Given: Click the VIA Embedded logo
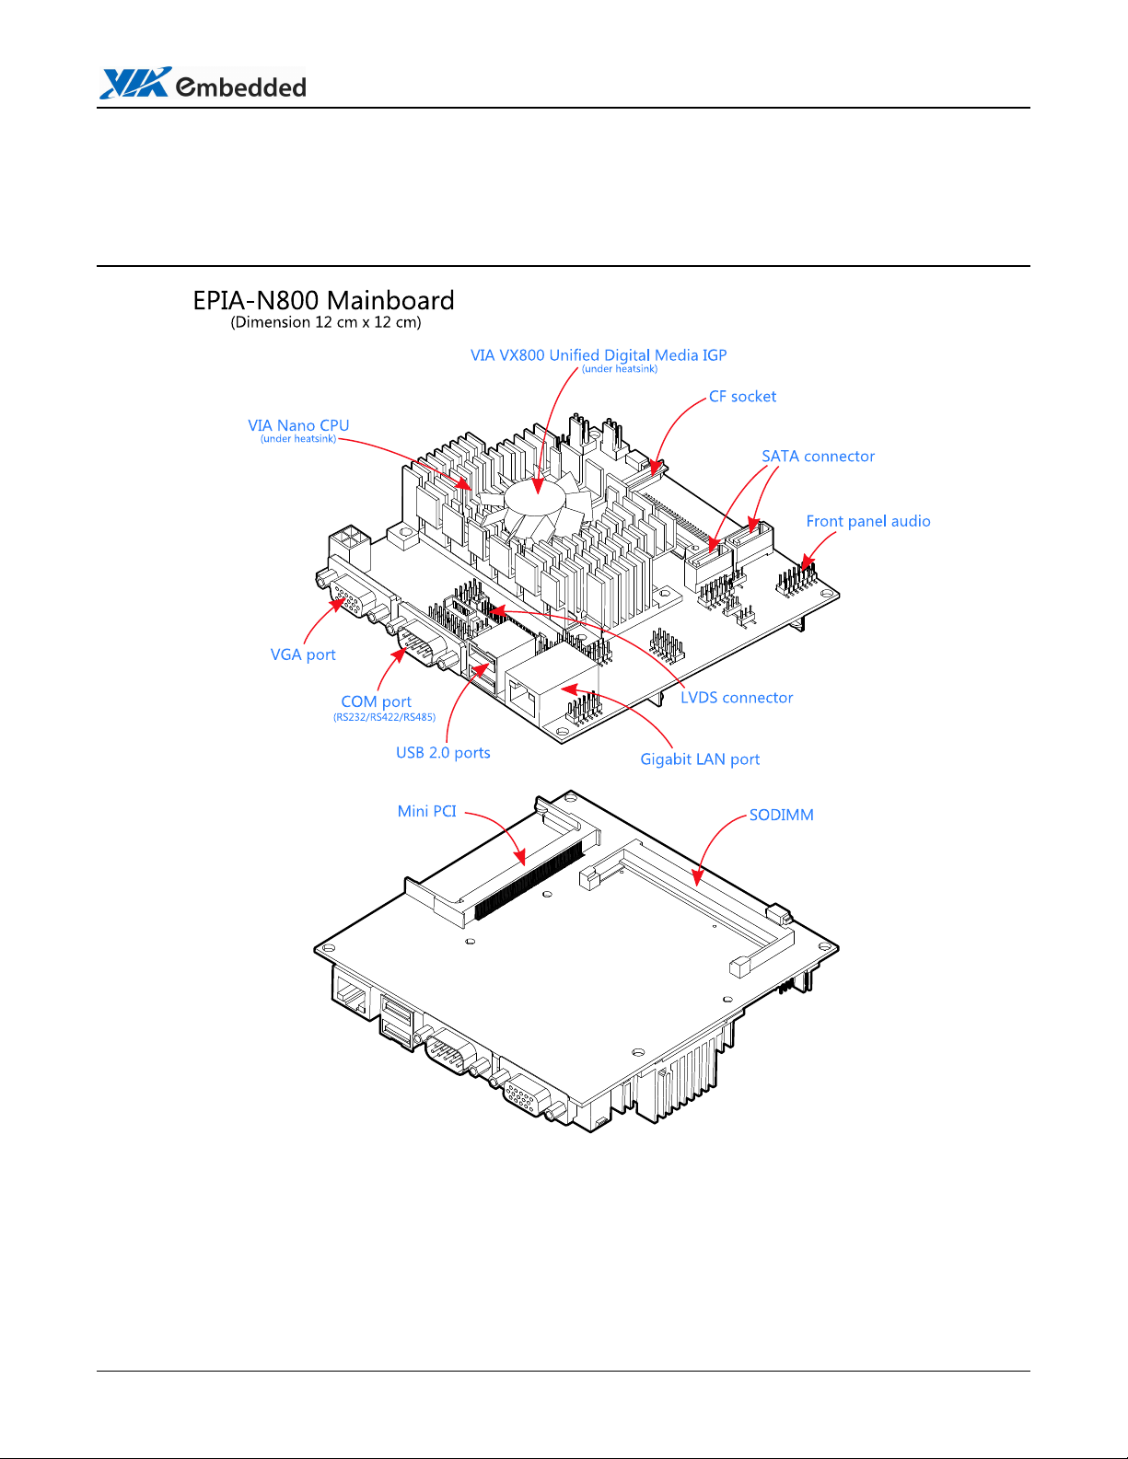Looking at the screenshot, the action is (x=203, y=83).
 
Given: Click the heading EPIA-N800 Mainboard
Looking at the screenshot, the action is (x=323, y=300).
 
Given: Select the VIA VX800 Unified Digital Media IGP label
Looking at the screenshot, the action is (x=599, y=355).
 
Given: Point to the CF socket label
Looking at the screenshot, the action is (x=742, y=397).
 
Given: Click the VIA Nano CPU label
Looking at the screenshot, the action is (x=298, y=425).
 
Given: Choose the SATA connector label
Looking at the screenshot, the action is (x=818, y=457).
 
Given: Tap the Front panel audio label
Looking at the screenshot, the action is (x=868, y=522).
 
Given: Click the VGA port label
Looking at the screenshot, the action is (x=303, y=655).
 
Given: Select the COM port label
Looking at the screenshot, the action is (x=376, y=701).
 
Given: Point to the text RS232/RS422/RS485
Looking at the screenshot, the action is (x=385, y=717).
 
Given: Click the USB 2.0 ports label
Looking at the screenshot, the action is (x=443, y=753).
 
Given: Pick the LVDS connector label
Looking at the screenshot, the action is (x=737, y=698).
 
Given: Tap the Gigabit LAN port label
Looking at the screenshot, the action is (x=700, y=759).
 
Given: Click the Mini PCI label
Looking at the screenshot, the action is (x=427, y=811).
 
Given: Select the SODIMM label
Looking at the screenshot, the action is (x=782, y=815).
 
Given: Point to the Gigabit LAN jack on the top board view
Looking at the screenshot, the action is (x=552, y=696).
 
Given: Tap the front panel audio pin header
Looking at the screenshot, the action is (x=797, y=579).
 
